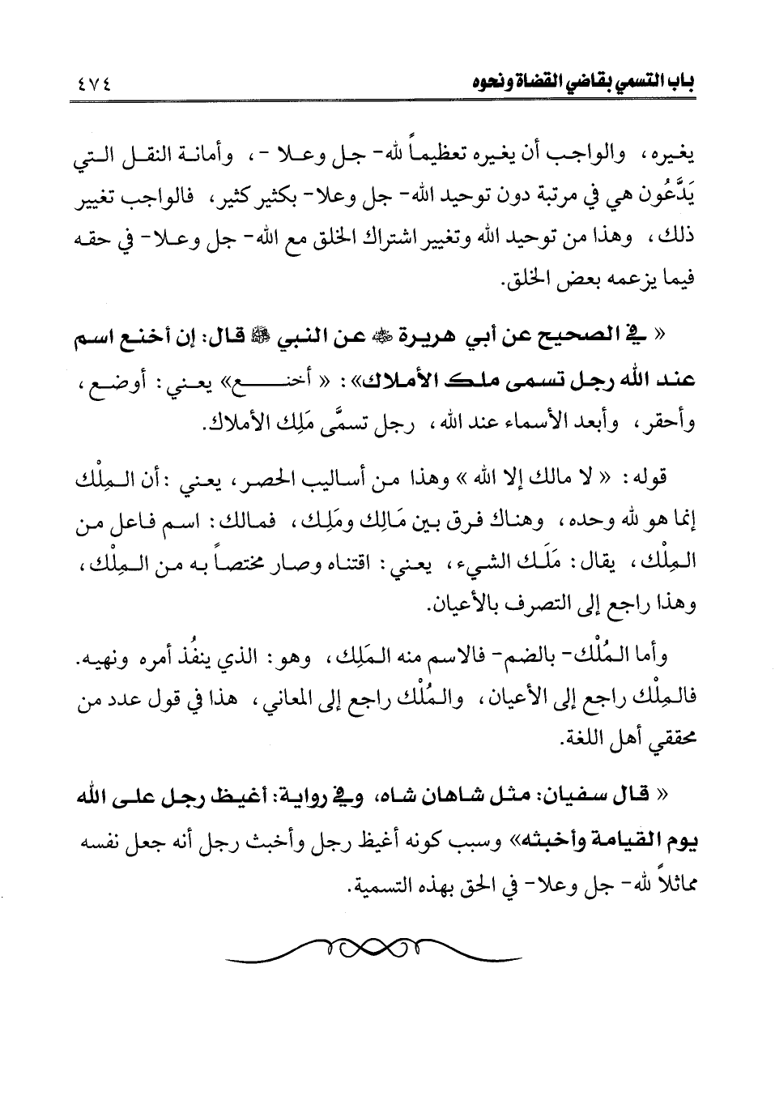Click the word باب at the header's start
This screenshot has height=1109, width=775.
tap(680, 83)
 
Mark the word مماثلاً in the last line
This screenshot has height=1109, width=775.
tap(673, 884)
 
